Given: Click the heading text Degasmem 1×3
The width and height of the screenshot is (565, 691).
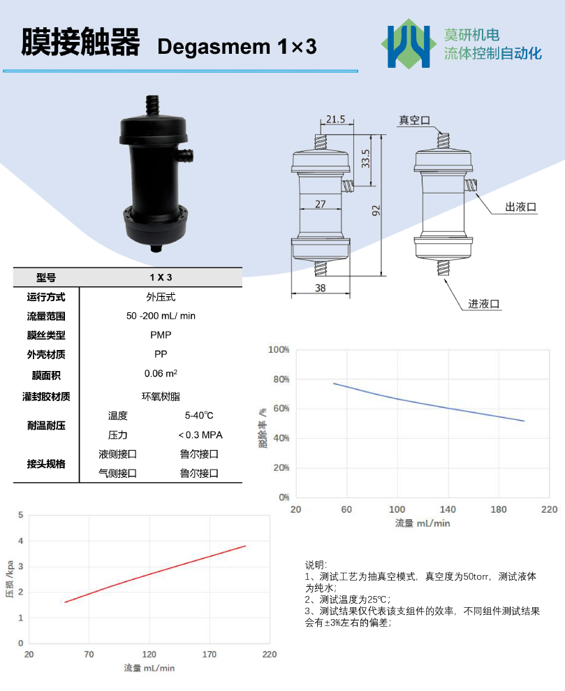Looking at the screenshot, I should pos(237,47).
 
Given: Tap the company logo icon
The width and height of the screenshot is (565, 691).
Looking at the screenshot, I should pos(409,46).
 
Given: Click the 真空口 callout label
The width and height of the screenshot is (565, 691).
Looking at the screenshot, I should pos(414,120).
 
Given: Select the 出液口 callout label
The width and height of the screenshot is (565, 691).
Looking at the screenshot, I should pos(520,208).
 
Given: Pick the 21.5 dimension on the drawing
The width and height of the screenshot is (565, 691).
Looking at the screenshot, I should pos(335,119).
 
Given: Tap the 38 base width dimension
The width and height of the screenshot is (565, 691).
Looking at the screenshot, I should pos(320,287).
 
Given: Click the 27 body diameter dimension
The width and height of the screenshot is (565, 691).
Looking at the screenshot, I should pos(320,204).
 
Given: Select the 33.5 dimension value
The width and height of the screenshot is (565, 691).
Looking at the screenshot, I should pos(365,161).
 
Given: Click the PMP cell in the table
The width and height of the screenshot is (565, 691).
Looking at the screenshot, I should pos(161,335).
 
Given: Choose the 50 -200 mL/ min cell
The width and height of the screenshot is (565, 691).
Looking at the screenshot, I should pos(161,316).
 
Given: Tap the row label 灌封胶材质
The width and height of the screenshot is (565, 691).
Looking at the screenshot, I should pos(46,397).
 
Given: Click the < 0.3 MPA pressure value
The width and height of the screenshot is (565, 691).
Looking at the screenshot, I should pos(200,435).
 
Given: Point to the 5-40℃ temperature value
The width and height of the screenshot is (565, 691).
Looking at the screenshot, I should pos(199,416).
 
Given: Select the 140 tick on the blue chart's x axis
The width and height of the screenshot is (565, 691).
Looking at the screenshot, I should pos(447,509).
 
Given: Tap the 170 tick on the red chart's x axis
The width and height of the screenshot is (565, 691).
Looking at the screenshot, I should pos(209,655).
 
